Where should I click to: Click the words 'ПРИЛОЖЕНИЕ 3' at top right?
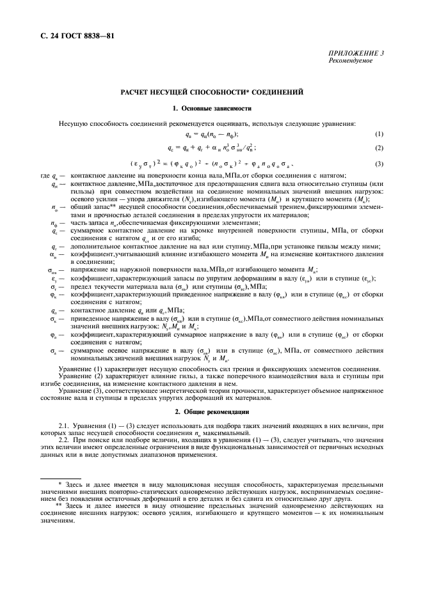click(356, 54)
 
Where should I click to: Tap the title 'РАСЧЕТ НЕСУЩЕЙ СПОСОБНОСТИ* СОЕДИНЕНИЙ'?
click(211, 93)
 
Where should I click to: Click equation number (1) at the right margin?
click(379, 135)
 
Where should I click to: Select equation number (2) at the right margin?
click(379, 148)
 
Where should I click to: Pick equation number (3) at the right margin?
click(379, 164)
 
